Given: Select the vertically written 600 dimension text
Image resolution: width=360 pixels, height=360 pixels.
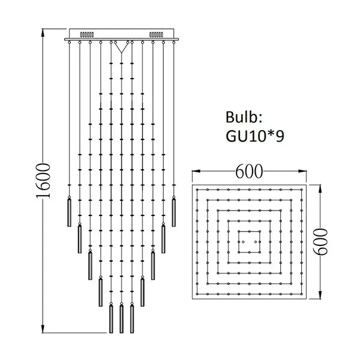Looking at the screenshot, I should click(323, 242).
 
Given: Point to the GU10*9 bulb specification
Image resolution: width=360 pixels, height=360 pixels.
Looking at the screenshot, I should click(255, 136).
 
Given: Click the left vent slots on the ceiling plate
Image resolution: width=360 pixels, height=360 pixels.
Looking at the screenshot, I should click(88, 35).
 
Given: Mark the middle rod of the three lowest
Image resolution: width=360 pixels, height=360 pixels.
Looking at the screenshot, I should click(121, 319).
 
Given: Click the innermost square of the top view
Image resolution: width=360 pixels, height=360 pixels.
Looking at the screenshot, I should click(248, 242).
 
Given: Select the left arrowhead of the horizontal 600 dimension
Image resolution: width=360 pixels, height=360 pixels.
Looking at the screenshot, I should click(194, 172).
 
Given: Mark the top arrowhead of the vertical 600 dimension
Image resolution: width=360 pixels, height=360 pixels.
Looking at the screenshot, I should click(322, 187).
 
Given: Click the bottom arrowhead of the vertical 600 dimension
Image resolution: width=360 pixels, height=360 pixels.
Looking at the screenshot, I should click(322, 298).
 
